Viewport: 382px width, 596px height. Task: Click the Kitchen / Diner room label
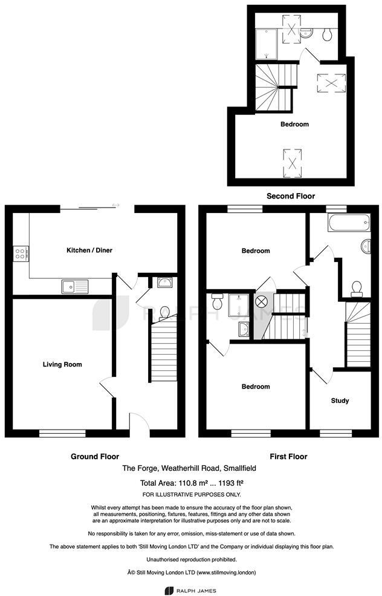coord(89,250)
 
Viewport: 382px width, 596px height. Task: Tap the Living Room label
coord(62,364)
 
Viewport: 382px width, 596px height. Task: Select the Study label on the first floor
coord(340,401)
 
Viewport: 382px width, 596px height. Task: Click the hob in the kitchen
coord(19,254)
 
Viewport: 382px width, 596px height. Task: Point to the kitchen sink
coord(74,286)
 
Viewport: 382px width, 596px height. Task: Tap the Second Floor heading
coord(291,196)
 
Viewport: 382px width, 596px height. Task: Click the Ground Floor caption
coord(95,456)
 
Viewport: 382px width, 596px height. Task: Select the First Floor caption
coord(288,456)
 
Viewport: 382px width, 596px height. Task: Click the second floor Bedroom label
coord(294,125)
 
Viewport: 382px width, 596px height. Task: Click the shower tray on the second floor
coord(266,45)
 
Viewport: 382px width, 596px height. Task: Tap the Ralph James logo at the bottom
coord(190,590)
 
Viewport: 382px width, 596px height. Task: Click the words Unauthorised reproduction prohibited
coord(191,560)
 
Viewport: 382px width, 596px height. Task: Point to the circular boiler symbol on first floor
coord(264,301)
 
